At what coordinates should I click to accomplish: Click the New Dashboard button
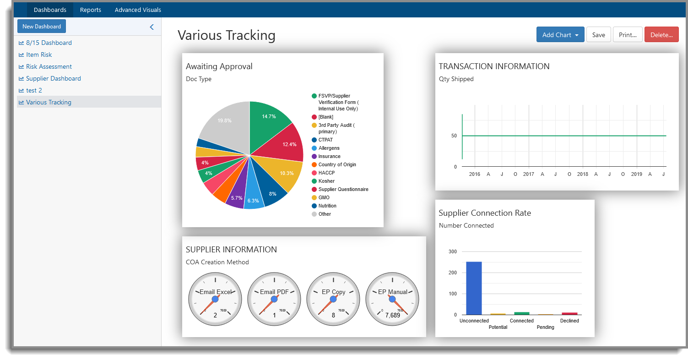[x=42, y=27]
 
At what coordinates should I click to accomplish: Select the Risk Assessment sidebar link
[x=49, y=66]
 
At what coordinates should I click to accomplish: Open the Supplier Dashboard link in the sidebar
[x=53, y=78]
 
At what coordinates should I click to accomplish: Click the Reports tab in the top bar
[x=90, y=10]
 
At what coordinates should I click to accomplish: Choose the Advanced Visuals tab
[x=138, y=10]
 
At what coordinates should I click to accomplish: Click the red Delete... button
[x=661, y=35]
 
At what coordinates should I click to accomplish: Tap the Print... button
[x=628, y=35]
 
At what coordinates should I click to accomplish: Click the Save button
[x=598, y=35]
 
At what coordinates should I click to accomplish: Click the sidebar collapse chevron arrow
[x=152, y=27]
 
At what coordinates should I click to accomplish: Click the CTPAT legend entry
[x=325, y=140]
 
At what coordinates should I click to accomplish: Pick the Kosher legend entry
[x=326, y=181]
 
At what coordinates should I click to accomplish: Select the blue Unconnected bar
[x=474, y=288]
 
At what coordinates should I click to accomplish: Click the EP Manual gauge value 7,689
[x=392, y=316]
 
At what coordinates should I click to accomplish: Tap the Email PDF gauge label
[x=274, y=292]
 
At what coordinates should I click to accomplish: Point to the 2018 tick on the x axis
[x=582, y=174]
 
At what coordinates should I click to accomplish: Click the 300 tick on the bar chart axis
[x=452, y=251]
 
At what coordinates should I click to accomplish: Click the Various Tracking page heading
[x=226, y=35]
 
